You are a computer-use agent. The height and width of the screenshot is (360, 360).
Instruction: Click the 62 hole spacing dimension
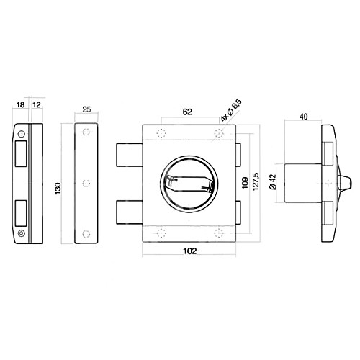pyautogui.click(x=187, y=112)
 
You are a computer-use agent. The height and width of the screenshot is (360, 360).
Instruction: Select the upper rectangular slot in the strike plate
pyautogui.click(x=21, y=153)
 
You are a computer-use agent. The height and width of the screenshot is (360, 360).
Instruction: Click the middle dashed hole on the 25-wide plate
pyautogui.click(x=86, y=183)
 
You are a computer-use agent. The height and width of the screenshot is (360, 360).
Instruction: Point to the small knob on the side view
pyautogui.click(x=343, y=184)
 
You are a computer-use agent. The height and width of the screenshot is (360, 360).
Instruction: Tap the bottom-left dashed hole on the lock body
pyautogui.click(x=160, y=233)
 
